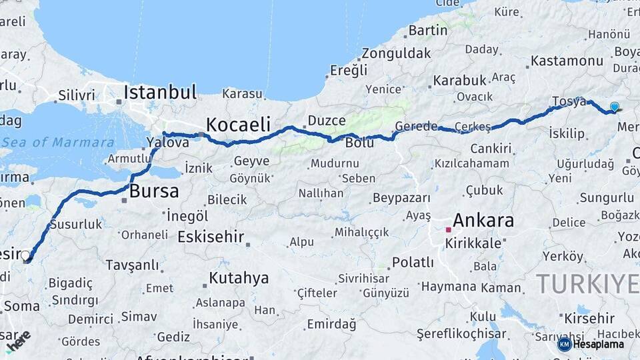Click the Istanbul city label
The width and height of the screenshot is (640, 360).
click(160, 92)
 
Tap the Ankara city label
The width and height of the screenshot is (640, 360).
click(483, 221)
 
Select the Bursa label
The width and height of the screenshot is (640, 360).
click(154, 192)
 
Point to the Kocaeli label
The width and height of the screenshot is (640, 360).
click(238, 125)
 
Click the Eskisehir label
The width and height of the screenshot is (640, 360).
click(211, 237)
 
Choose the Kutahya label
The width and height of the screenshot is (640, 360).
click(239, 278)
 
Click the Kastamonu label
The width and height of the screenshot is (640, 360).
click(567, 61)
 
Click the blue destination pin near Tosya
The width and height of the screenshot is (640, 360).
click(614, 106)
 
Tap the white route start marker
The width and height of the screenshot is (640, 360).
click(25, 255)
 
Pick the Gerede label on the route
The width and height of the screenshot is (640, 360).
click(416, 126)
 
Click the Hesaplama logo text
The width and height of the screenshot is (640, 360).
click(599, 345)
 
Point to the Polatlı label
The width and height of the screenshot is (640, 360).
click(413, 262)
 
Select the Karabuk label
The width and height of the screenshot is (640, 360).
click(460, 81)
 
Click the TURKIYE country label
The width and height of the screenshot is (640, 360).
click(587, 284)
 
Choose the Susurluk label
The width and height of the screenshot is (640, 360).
click(76, 224)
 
